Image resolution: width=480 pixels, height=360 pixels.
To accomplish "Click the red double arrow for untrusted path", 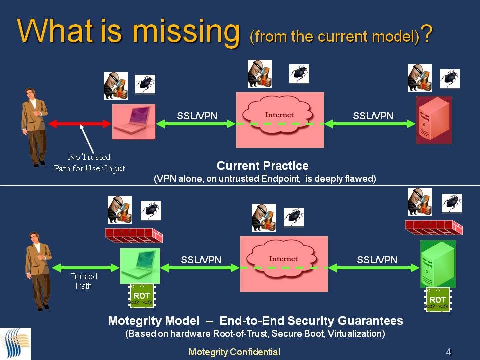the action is pos(79,124).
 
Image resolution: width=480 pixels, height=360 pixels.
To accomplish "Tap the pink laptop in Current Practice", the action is pos(134,122).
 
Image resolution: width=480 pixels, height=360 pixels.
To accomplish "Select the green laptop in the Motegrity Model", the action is pos(140,266).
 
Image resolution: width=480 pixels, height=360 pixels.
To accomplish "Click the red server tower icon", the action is pos(434,120).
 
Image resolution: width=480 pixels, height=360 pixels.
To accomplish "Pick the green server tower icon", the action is pos(438,264).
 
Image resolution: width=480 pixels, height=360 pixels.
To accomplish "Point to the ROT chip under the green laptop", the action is pos(141,296).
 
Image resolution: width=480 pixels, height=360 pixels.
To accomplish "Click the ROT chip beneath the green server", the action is pos(438,300).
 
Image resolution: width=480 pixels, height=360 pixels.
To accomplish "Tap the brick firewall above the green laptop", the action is pos(134,235).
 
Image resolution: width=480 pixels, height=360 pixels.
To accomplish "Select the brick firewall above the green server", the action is pos(434,227).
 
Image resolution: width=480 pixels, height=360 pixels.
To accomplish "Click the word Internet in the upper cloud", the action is pos(279,115).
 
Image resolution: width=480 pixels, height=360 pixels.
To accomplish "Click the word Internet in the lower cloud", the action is pos(283,259).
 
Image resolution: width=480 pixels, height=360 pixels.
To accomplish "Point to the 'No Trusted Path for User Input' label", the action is pos(89,163).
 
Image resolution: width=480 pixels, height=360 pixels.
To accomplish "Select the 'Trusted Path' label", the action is pos(84,281).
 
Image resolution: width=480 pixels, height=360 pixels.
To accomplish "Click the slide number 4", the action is pos(449,352).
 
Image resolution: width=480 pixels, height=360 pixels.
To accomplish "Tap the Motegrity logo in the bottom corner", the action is pos(15,344).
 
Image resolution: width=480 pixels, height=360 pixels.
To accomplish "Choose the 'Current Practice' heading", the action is pos(263,166).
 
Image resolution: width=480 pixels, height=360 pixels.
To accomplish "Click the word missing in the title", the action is pos(186,32).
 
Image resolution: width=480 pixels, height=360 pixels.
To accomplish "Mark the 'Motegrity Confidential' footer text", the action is pos(234,352).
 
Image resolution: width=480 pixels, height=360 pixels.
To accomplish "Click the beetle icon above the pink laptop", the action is pos(145,84).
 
